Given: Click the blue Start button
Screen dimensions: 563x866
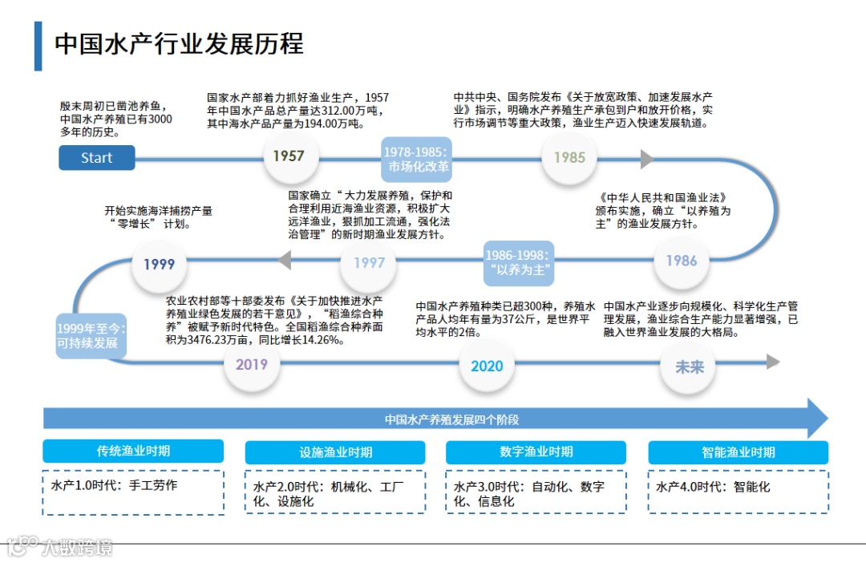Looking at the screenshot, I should [96, 158].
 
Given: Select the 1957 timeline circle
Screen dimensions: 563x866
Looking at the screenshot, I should [289, 156].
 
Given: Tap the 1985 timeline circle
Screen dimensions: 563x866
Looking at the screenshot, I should [569, 158].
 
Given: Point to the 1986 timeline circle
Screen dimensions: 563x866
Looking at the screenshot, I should [681, 261].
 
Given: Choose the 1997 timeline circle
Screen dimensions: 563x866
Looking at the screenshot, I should [369, 262].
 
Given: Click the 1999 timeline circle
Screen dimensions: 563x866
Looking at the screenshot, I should [159, 264].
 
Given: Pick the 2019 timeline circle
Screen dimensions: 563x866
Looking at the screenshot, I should [252, 364].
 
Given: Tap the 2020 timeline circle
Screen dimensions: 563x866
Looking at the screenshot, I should [487, 366].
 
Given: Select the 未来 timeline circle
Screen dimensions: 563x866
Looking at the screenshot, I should [689, 366].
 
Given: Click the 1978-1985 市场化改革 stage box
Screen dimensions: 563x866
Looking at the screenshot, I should [417, 160].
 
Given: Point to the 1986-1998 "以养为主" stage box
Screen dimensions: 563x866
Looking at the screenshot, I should [520, 262].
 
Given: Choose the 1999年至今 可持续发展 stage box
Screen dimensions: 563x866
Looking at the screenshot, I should [90, 335].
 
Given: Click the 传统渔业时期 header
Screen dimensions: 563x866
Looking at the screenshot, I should [133, 452].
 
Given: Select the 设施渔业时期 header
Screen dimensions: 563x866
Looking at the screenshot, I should [335, 452].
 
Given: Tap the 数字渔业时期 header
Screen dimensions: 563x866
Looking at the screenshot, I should [536, 452].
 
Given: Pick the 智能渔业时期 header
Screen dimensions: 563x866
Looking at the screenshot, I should [738, 452].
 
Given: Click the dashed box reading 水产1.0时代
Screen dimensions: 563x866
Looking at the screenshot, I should [133, 492].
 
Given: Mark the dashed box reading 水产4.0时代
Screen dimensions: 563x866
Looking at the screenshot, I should [738, 492].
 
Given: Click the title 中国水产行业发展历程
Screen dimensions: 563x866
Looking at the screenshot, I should [179, 43].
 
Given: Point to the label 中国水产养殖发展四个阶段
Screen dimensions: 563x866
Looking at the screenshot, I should [451, 419].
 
